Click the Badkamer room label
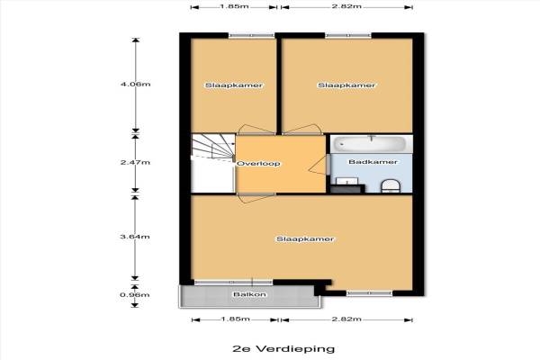coord(373,162)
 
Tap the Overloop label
coord(258,164)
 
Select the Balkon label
coord(249,294)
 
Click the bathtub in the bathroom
coord(372,144)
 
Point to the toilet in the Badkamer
coord(391,185)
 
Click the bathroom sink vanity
coord(347,185)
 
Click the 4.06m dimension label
coord(135,84)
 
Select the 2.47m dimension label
coord(135,162)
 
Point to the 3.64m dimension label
coord(135,237)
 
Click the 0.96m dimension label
coord(135,295)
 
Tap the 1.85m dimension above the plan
coord(234,6)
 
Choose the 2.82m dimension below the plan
coord(346,319)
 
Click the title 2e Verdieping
coord(283,348)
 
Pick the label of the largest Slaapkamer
coord(305,239)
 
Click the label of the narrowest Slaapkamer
coord(234,85)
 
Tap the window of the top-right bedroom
coord(348,35)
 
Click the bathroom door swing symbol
coord(318,164)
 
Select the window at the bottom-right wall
coord(369,293)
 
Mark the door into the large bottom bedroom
coord(256,198)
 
